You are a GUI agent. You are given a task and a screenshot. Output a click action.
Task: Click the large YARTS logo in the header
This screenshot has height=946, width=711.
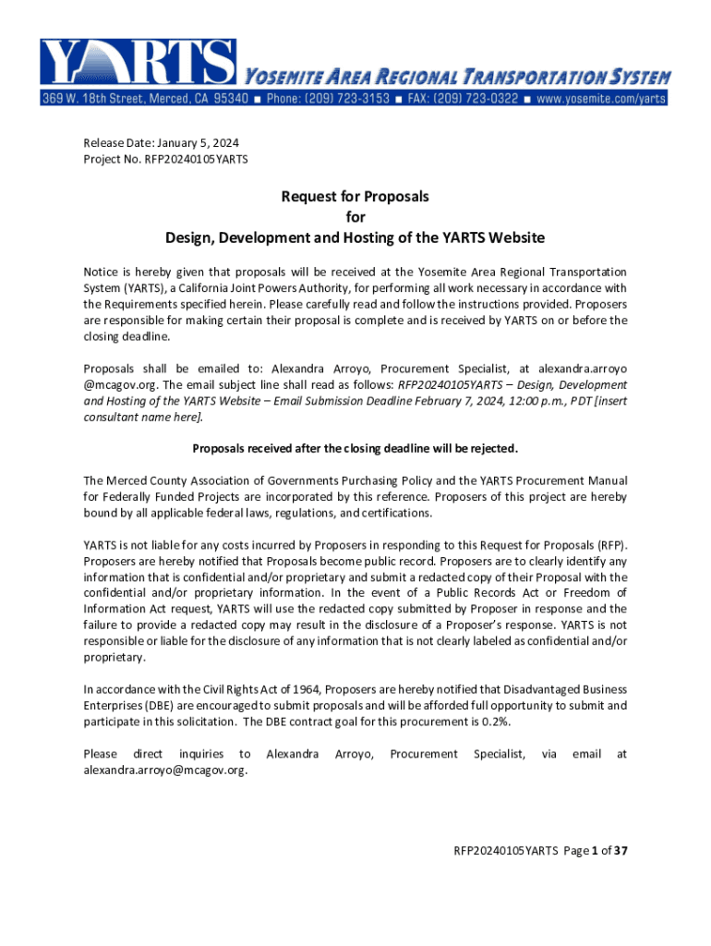pos(139,63)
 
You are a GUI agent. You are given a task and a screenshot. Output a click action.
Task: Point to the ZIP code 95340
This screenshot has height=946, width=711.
pos(226,98)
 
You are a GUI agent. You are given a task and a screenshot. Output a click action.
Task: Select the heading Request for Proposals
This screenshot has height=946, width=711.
pos(355,197)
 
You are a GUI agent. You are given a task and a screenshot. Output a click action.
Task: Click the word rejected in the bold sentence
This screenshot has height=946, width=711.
pos(491,449)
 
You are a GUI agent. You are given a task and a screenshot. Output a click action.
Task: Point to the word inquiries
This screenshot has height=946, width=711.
pos(200,754)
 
